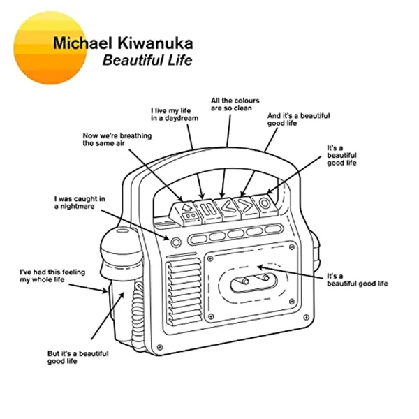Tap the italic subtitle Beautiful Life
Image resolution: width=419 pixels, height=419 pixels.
(x=148, y=60)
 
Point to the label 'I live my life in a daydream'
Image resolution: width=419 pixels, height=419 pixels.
(x=175, y=114)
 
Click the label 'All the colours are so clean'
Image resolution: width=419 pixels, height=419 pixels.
(x=231, y=104)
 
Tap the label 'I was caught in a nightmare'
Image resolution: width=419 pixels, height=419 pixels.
(x=80, y=203)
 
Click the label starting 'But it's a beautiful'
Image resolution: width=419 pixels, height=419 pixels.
(x=78, y=358)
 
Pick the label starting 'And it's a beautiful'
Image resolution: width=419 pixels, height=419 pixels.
(x=288, y=119)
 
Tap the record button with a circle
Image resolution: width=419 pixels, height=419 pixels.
(x=265, y=203)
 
